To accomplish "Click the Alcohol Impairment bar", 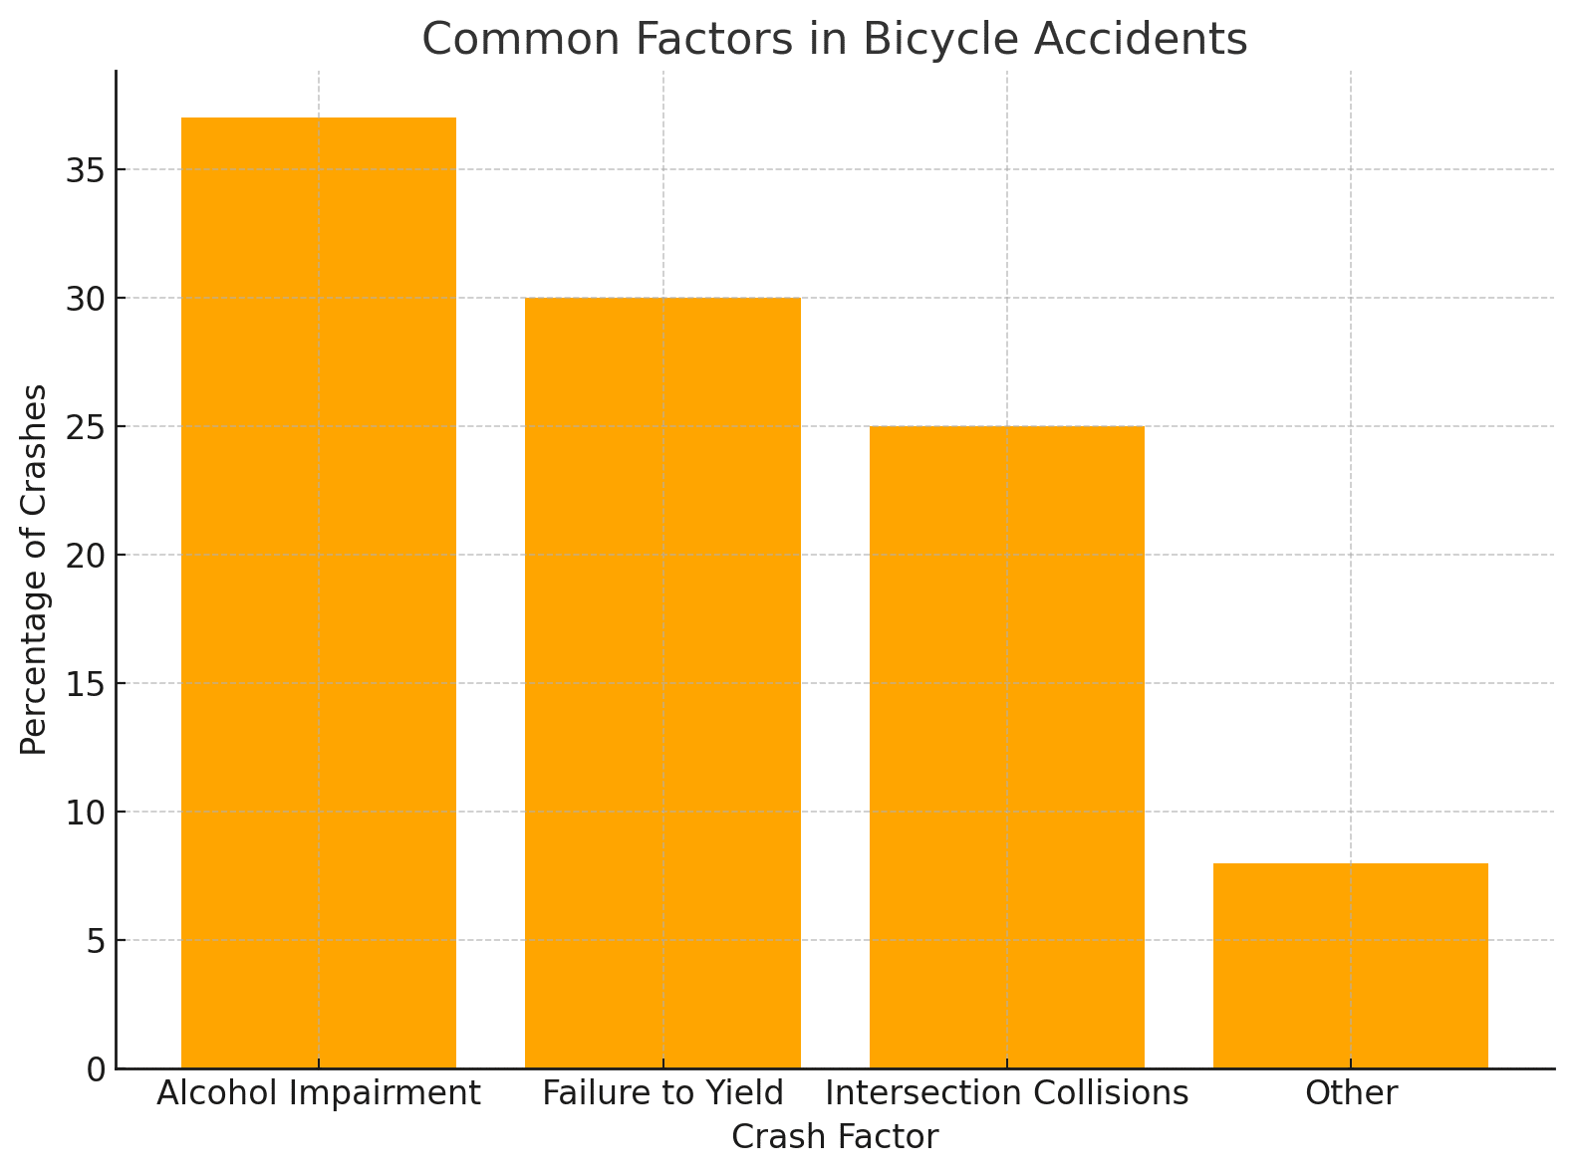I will click(319, 592).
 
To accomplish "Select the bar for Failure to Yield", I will click(662, 682).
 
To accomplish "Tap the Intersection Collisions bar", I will click(1006, 747).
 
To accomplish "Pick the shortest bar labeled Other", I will click(1350, 966).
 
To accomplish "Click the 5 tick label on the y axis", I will click(96, 941).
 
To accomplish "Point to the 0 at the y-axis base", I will click(96, 1069).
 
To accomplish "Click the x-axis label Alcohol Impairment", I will click(319, 1094).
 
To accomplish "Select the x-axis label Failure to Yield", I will click(662, 1094).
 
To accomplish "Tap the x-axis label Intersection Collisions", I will click(1006, 1094).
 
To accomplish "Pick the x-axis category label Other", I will click(1351, 1094).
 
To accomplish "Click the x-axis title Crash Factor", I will click(835, 1137).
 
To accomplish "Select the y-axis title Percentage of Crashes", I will click(35, 570).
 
